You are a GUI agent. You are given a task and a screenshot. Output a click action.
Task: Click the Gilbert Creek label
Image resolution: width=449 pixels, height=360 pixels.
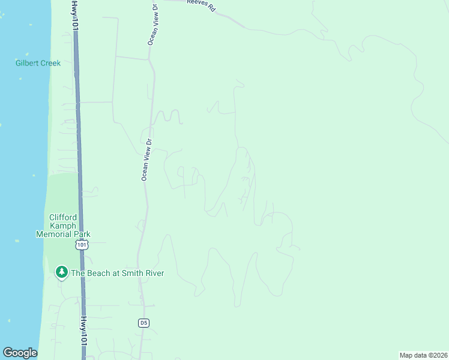(38, 63)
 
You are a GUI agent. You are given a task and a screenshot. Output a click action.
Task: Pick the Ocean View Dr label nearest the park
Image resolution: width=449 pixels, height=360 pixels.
(146, 160)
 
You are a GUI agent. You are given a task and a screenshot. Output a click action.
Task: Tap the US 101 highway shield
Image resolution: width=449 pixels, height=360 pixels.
(82, 245)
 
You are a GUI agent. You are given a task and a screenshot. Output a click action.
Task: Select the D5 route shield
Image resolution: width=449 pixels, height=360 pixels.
(143, 323)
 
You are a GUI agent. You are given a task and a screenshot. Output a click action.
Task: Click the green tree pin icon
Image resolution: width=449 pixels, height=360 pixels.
(61, 272)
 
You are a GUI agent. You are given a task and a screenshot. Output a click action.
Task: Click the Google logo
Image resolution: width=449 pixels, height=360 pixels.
(20, 353)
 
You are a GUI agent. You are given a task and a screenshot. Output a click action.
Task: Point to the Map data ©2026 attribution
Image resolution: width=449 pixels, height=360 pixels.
(423, 355)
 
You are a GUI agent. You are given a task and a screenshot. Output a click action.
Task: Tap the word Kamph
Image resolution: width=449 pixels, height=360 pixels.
(63, 226)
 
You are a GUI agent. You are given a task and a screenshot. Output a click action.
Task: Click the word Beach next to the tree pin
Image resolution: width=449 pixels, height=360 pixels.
(100, 273)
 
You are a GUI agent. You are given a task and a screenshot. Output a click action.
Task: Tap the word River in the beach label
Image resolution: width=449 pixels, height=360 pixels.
(154, 273)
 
